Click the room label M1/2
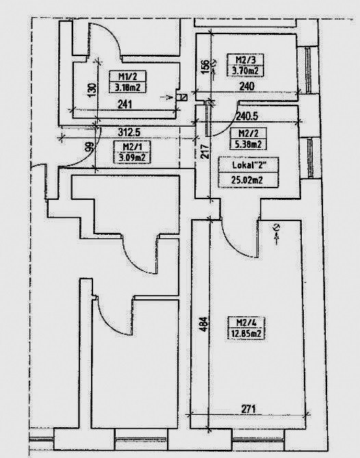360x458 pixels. tap(127, 77)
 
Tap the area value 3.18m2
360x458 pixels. tap(127, 88)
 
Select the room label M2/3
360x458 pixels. tap(246, 60)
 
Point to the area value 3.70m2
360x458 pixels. tap(246, 71)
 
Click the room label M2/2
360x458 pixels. tap(248, 133)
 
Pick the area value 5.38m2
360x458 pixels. tap(248, 144)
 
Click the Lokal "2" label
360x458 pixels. tap(249, 165)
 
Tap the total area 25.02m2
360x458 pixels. tap(247, 179)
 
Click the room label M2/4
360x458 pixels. tap(246, 322)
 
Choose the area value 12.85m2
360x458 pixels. tap(246, 333)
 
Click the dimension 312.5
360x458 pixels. tap(129, 132)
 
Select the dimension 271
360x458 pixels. tap(248, 409)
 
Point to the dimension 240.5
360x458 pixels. tap(246, 116)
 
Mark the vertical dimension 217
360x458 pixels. tap(205, 151)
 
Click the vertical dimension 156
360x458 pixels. tap(205, 66)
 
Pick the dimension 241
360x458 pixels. tap(125, 104)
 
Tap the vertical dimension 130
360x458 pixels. tap(92, 90)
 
